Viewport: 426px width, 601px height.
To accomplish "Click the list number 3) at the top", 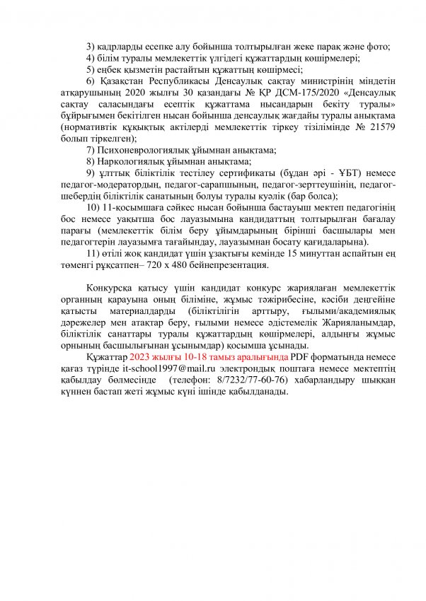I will (91, 47).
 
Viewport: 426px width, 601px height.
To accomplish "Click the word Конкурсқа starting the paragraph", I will (110, 288).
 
